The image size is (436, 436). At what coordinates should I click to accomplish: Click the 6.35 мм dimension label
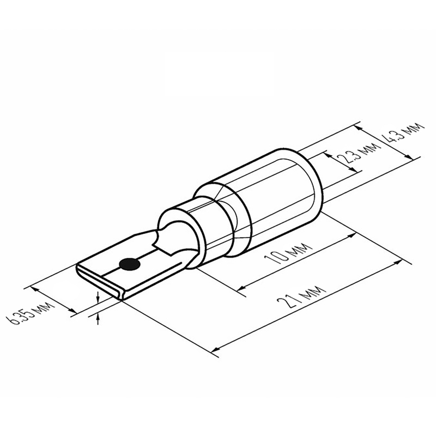pyautogui.click(x=31, y=313)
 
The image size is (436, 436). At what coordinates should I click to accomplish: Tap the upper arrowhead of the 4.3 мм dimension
pyautogui.click(x=359, y=128)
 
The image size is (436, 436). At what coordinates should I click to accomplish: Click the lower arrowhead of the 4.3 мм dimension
pyautogui.click(x=408, y=156)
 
